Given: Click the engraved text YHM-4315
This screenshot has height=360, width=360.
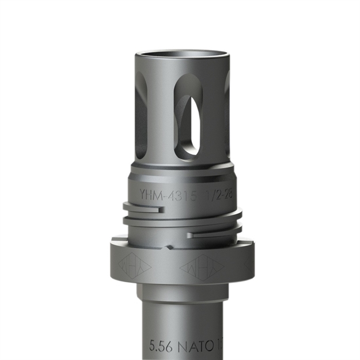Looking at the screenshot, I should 165,194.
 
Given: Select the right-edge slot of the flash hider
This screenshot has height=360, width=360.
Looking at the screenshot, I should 228,109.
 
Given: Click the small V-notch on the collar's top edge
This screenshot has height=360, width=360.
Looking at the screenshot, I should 169,248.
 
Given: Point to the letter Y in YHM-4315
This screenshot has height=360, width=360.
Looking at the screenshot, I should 143,194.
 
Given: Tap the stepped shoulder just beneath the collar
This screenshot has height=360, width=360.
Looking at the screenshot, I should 184,291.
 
